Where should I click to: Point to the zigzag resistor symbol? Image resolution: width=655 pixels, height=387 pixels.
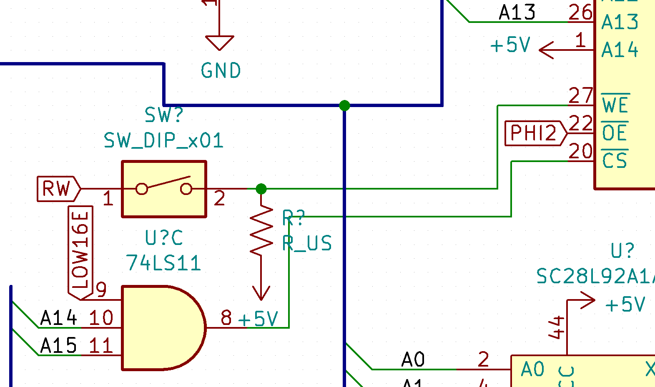click(x=261, y=231)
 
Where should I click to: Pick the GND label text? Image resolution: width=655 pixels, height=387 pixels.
click(x=221, y=71)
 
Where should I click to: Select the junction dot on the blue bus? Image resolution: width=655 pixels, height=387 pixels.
click(x=344, y=105)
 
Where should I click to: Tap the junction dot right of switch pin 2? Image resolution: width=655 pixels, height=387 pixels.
click(x=261, y=189)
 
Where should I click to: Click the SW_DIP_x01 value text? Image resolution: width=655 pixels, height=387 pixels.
click(x=163, y=140)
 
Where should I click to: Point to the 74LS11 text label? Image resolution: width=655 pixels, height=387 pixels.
click(x=163, y=263)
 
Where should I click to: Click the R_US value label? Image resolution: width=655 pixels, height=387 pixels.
click(x=307, y=243)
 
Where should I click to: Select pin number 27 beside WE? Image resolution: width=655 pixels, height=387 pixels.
click(x=580, y=96)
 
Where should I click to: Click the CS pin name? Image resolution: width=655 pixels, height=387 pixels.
click(x=615, y=161)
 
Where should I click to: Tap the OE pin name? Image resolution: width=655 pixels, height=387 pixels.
click(x=615, y=133)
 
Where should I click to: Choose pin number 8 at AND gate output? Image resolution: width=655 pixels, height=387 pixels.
click(x=226, y=318)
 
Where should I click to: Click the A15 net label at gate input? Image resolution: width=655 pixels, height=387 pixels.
click(x=58, y=346)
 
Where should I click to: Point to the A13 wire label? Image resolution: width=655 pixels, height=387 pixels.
click(x=517, y=12)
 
